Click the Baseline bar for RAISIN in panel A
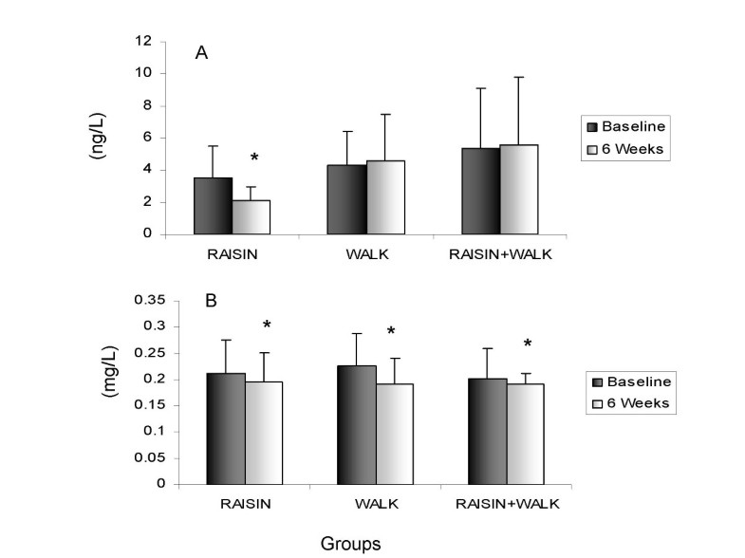point(214,206)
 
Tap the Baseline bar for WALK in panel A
point(347,199)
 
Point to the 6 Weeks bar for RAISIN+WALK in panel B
point(519,433)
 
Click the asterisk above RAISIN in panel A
point(254,158)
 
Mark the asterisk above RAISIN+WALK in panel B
point(527,344)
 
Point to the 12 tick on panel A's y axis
point(142,41)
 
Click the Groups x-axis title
point(351,544)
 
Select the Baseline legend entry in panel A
point(630,125)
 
